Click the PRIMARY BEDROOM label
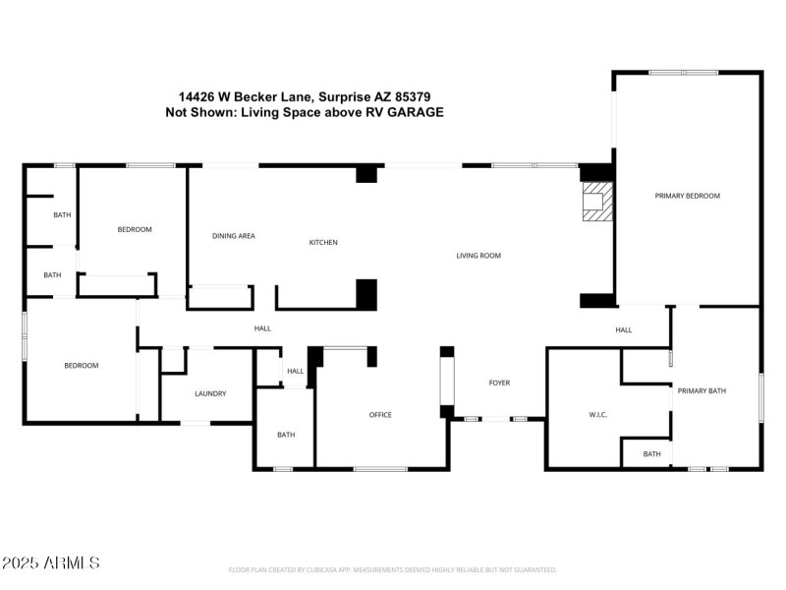(x=687, y=196)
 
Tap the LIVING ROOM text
(x=478, y=256)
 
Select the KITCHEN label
(x=323, y=242)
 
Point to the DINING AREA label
(x=234, y=236)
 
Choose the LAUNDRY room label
(x=210, y=393)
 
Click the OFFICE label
(x=380, y=415)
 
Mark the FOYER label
(x=499, y=383)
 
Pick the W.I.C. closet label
(x=597, y=415)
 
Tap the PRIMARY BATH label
(x=702, y=391)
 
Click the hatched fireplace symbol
(x=595, y=204)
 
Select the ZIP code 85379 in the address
(x=413, y=97)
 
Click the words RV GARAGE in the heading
(x=407, y=113)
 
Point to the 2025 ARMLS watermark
(x=50, y=563)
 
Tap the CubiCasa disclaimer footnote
(x=392, y=570)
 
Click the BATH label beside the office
(x=285, y=435)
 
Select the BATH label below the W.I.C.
(x=651, y=453)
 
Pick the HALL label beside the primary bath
(x=623, y=329)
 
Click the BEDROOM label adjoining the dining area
(x=135, y=229)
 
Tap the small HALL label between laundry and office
(x=295, y=371)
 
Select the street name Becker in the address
(x=263, y=97)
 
